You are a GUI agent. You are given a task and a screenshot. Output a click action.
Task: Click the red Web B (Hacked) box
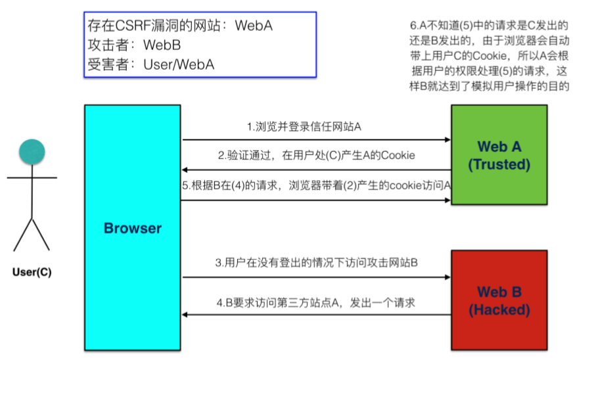[x=499, y=300]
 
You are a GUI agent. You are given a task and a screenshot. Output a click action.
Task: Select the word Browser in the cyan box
[x=132, y=229]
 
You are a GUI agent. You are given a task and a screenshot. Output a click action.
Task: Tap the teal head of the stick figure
[x=32, y=152]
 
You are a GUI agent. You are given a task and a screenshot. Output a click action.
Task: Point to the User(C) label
[x=32, y=271]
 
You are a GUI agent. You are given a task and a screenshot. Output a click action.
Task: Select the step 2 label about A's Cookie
[x=316, y=156]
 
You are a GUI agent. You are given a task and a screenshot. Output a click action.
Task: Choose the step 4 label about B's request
[x=316, y=303]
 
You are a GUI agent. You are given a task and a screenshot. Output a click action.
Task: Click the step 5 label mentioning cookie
[x=316, y=185]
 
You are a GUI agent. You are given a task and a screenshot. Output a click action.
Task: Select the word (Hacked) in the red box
[x=499, y=310]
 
